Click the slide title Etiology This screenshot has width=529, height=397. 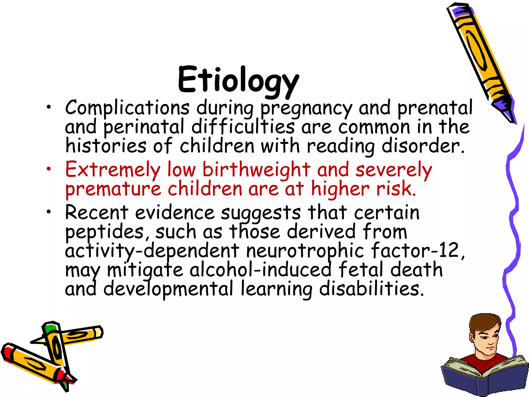(238, 80)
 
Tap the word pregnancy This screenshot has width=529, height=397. (306, 109)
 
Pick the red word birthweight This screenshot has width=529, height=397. (256, 170)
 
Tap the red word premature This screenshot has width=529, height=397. (113, 190)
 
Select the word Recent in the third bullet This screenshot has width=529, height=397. (97, 212)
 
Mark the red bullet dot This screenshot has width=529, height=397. (49, 169)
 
